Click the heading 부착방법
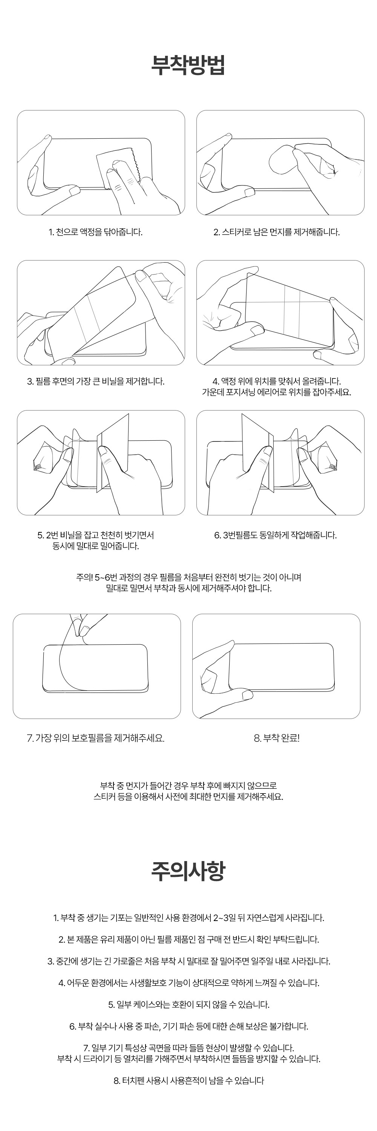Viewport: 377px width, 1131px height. [188, 65]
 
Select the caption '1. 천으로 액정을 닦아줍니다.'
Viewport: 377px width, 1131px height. [95, 232]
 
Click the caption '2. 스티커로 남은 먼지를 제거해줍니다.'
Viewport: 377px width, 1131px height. [276, 232]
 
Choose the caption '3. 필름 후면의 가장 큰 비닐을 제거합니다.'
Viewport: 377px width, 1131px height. [96, 381]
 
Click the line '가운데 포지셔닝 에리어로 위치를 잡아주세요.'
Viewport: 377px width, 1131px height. [276, 392]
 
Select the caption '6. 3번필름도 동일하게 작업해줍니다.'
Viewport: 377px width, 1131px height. [276, 535]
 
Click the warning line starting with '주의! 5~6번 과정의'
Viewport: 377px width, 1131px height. [189, 577]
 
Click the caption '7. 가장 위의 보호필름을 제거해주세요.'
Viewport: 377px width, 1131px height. [96, 738]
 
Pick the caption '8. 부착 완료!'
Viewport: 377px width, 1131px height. [276, 738]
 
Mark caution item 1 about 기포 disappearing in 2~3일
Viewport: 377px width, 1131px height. [189, 918]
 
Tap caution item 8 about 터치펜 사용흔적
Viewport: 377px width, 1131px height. [189, 1080]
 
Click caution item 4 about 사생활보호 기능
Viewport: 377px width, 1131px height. [189, 982]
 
